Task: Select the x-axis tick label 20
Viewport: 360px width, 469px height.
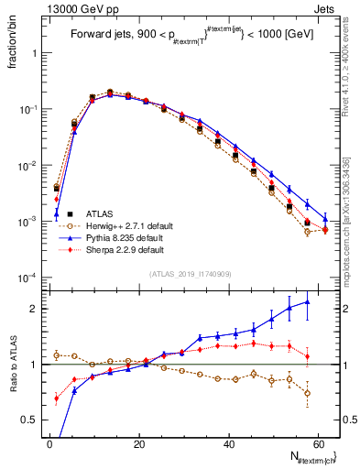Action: click(138, 444)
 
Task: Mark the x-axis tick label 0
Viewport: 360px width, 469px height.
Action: click(49, 444)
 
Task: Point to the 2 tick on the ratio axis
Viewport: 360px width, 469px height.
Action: click(34, 309)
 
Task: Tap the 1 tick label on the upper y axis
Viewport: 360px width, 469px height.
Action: click(34, 53)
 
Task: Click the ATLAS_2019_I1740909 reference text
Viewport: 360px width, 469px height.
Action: click(190, 274)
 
